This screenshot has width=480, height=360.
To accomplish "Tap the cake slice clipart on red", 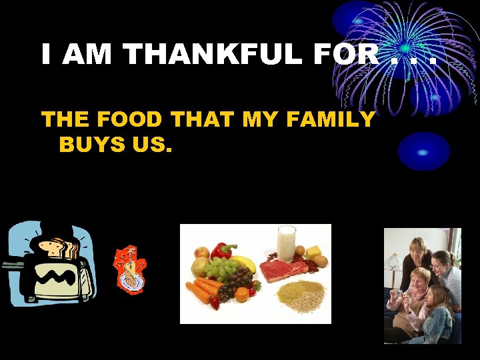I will pos(131,270).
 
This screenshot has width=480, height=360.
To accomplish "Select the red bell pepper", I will pos(222,251).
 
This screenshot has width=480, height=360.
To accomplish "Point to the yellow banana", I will pos(243,263).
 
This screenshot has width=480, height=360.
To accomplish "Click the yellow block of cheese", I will pos(313,252).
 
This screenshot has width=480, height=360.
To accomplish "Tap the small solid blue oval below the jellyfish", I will pos(424,151).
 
